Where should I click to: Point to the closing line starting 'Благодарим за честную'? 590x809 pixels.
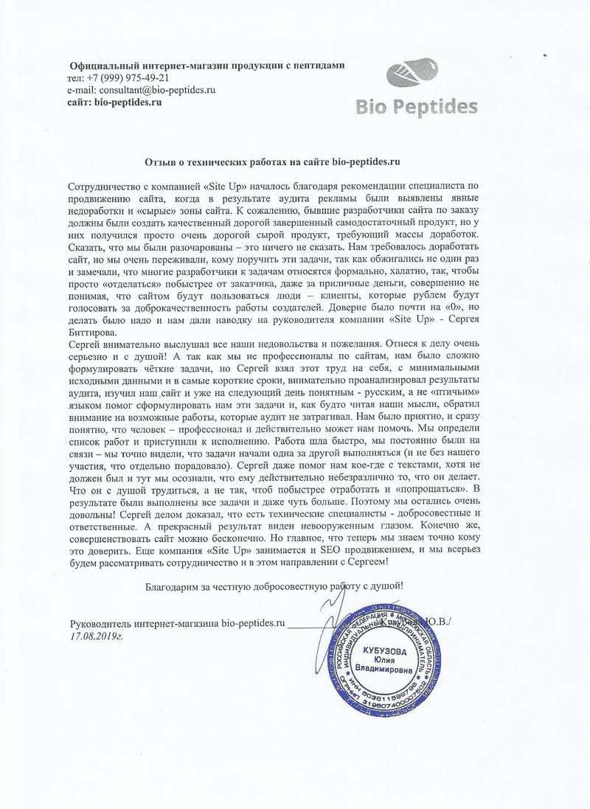(x=274, y=585)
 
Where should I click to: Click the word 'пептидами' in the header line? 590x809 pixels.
(x=319, y=66)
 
